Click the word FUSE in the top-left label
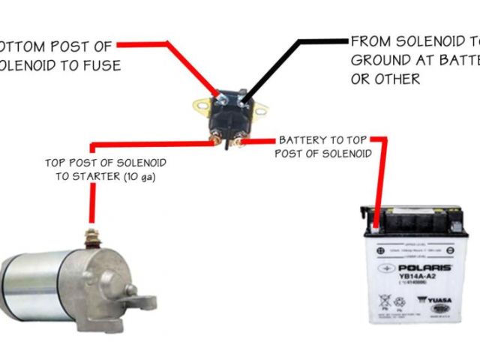click(x=101, y=65)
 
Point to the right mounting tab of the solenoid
click(x=259, y=114)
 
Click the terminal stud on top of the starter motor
click(x=92, y=238)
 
